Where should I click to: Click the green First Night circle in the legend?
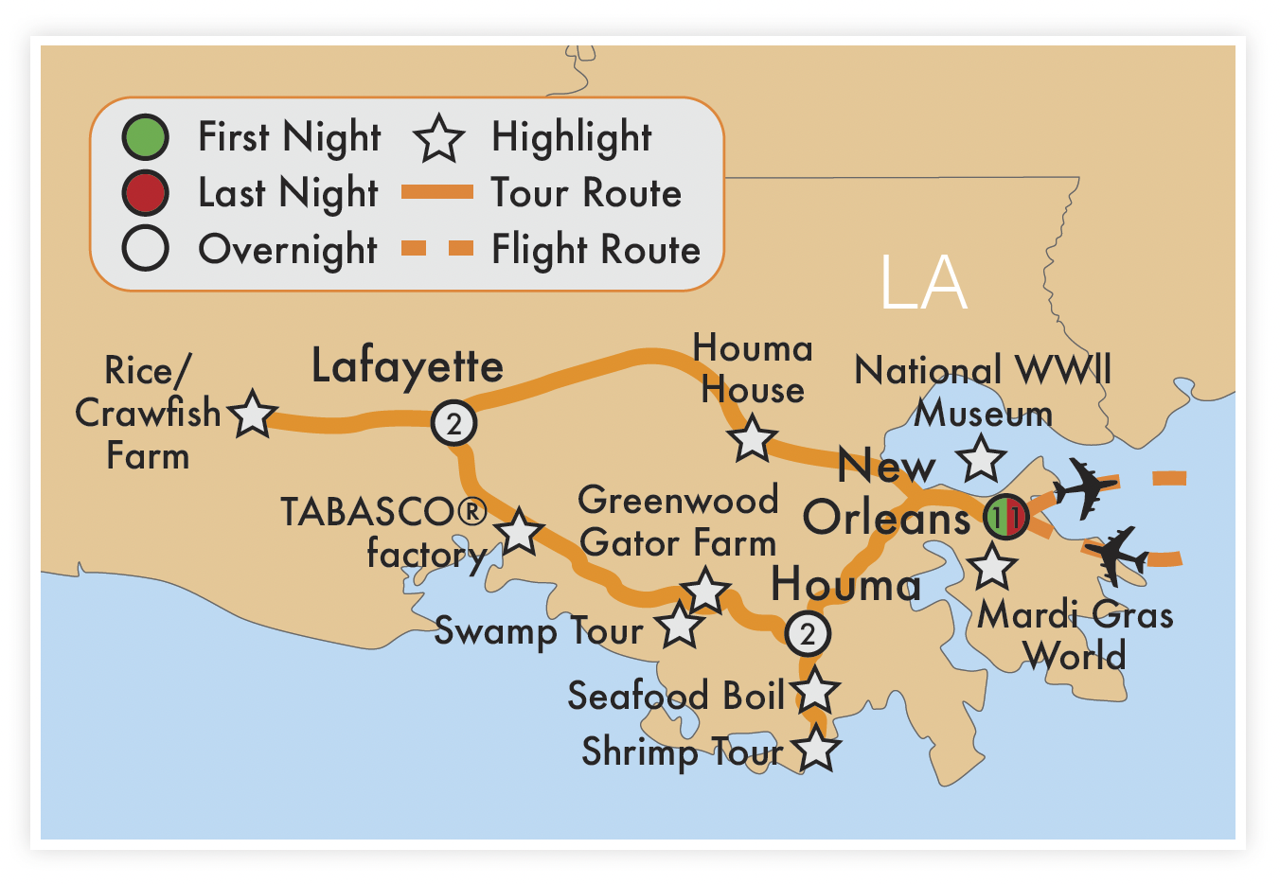coord(145,137)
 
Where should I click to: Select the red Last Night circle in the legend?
coord(145,193)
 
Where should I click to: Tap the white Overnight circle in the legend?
coord(145,249)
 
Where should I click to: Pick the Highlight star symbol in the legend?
coord(439,138)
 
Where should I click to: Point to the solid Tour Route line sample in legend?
coord(437,193)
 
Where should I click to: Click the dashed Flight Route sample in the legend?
coord(437,249)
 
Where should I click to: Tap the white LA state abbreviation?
coord(923,282)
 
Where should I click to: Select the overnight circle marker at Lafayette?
coord(453,423)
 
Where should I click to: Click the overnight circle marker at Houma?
coord(808,633)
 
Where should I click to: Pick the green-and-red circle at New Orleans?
coord(1005,517)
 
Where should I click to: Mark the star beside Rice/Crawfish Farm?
coord(253,415)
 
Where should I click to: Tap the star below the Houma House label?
coord(753,438)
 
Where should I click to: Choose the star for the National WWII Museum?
coord(981,459)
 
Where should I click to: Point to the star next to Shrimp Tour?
coord(816,750)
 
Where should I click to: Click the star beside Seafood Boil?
coord(816,692)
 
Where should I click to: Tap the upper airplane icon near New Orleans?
coord(1085,487)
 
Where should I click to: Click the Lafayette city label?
coord(407,367)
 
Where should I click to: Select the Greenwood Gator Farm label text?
coord(678,522)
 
